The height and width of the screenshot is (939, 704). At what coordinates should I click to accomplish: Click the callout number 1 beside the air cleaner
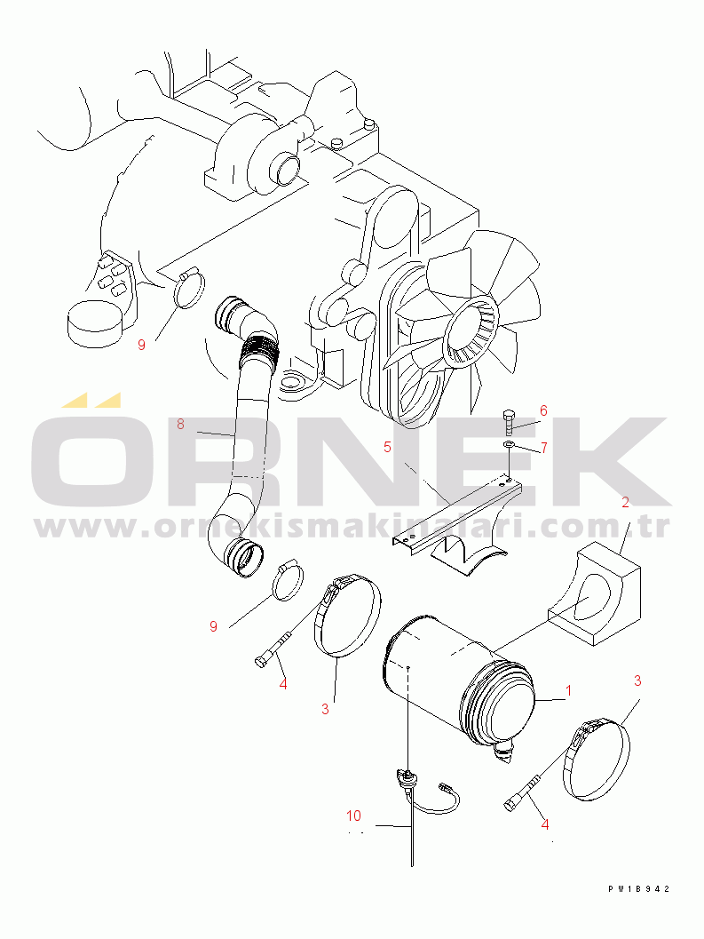(x=568, y=690)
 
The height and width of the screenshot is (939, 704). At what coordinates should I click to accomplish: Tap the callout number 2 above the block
(x=626, y=503)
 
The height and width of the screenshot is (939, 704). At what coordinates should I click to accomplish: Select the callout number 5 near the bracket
(x=387, y=448)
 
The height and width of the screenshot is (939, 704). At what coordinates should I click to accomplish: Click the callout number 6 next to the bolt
(x=543, y=410)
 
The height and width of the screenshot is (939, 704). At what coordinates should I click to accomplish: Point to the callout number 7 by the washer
(x=543, y=448)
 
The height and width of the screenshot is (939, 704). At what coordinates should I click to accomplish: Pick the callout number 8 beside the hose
(x=180, y=424)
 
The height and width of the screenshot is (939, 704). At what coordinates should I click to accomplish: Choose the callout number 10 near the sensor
(x=354, y=816)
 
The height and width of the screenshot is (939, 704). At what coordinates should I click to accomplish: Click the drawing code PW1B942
(x=638, y=889)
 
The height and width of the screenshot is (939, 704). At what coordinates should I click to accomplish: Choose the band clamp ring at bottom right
(x=595, y=760)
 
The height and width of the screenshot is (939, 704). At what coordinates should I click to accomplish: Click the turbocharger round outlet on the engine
(x=285, y=168)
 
